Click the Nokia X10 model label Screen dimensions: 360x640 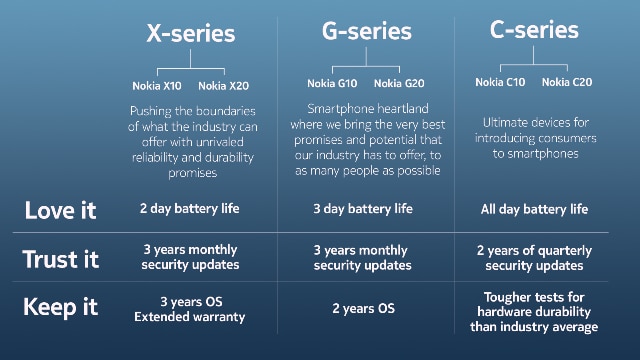tap(157, 84)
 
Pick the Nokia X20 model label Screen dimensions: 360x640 tap(223, 84)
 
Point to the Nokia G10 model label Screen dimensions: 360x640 tap(332, 82)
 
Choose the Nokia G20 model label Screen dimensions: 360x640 tap(398, 82)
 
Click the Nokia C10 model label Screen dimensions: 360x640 tap(500, 82)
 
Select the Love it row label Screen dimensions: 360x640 tap(60, 210)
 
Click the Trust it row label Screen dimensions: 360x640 tap(61, 259)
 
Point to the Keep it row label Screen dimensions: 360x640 tap(61, 308)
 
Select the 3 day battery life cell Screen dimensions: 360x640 tap(362, 209)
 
